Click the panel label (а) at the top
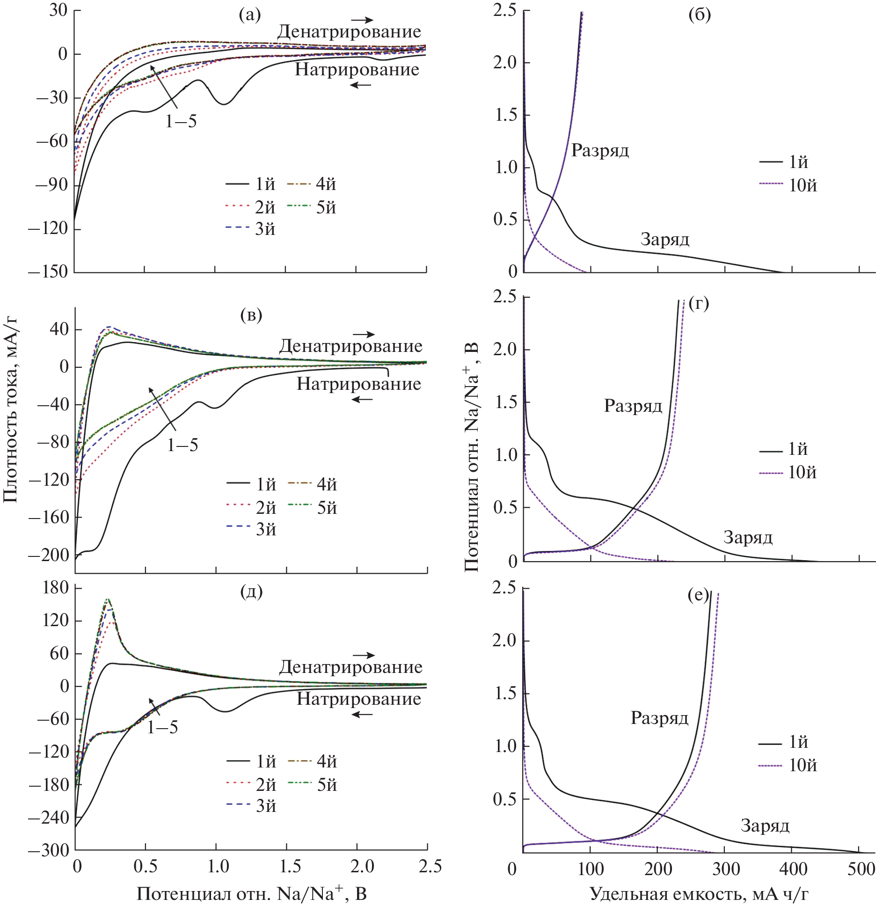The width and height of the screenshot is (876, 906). pos(249,15)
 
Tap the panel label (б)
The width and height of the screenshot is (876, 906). pos(700,15)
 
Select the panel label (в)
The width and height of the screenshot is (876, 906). pos(251,315)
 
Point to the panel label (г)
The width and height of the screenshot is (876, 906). pos(699,304)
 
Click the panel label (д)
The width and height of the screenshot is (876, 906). pos(251,592)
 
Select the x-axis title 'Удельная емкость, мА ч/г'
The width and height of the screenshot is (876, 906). pos(699,893)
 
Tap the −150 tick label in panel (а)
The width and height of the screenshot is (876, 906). pos(48,271)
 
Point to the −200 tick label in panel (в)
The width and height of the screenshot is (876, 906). pos(49,555)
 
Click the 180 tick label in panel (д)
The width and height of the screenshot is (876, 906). pos(55,587)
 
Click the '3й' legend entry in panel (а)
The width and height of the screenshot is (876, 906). pos(264,229)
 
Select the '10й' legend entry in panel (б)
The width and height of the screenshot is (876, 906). pos(803,186)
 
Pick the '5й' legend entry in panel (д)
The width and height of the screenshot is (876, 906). pos(327,785)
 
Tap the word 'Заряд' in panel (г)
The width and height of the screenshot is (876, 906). pos(748,537)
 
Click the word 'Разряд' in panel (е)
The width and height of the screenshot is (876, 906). pos(659,717)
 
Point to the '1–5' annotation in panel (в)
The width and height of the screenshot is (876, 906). pos(182,445)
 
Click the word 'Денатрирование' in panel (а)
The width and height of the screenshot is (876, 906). pos(349,32)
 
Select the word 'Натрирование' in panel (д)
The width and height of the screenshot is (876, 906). pos(359,699)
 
